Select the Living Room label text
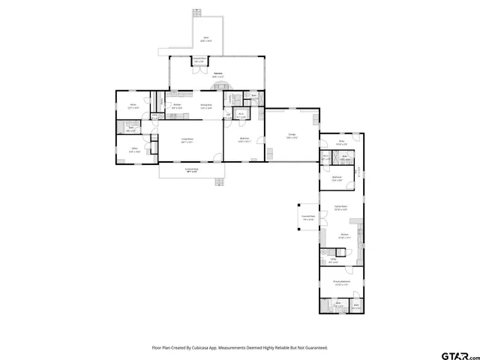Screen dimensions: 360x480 click(x=187, y=139)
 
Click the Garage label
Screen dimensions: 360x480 click(x=292, y=136)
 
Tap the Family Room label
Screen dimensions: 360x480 click(x=340, y=206)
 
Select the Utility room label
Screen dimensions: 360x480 click(x=333, y=260)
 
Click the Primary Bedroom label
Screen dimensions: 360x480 click(x=342, y=283)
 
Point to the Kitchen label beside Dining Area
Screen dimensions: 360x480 click(x=178, y=106)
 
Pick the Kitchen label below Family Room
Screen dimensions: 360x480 click(x=344, y=235)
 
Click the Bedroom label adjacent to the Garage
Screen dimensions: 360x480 click(x=244, y=139)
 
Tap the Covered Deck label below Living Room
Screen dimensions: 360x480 click(x=192, y=170)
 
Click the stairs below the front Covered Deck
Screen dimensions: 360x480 click(x=220, y=182)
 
